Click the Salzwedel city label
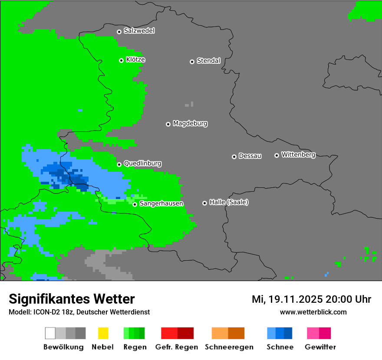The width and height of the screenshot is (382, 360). [x=139, y=31]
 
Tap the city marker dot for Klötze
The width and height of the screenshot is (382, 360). [x=121, y=60]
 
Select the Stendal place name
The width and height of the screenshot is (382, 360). [x=208, y=61]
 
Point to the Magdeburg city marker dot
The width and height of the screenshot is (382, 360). [x=168, y=124]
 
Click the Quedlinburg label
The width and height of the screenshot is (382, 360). [x=142, y=164]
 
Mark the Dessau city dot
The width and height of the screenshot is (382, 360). [x=234, y=157]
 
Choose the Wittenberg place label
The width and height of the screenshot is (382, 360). [x=298, y=154]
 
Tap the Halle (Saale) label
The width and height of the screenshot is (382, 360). [x=229, y=202]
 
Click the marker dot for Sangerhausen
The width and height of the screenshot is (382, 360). [x=135, y=204]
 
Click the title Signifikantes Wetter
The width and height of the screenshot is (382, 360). [x=72, y=299]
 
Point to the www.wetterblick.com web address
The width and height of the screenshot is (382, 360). [x=313, y=312]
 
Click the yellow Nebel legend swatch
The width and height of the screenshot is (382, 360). [x=103, y=333]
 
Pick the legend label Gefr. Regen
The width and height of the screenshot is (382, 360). [x=177, y=347]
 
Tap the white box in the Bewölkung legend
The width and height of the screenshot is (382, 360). [x=50, y=333]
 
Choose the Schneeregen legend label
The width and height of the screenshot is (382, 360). [x=229, y=347]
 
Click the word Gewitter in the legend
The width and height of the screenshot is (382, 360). [x=320, y=347]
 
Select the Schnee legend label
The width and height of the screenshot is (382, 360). [x=280, y=347]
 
